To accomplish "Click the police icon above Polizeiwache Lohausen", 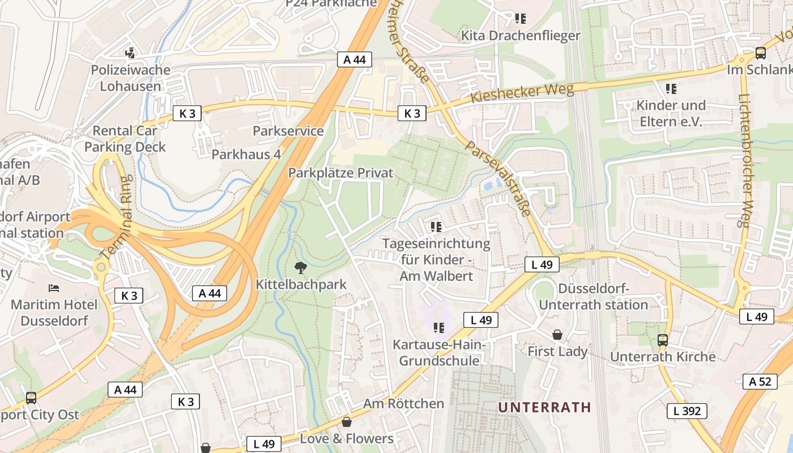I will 130,53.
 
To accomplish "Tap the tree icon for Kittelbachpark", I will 300,267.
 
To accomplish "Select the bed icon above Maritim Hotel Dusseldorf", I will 54,288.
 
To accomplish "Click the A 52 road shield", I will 760,382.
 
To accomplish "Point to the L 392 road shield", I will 687,411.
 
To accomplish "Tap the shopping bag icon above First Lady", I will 557,335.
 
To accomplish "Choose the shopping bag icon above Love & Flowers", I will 346,422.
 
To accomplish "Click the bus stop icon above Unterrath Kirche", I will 662,340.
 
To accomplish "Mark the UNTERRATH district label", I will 544,407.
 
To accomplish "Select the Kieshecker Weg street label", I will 522,94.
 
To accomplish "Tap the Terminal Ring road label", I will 118,225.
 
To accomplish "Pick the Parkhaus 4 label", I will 246,154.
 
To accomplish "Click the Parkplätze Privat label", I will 340,173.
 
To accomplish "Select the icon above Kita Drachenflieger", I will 520,19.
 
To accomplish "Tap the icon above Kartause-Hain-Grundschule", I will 437,328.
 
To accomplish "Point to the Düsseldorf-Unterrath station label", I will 593,297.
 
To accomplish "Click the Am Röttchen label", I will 403,404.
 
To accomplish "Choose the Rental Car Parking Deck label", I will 125,139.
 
